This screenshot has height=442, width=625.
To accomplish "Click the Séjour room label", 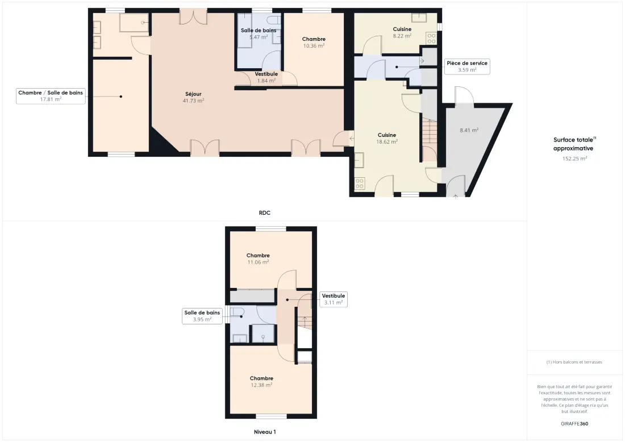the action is tap(193, 94).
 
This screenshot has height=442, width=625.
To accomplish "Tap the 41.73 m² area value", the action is tap(193, 101).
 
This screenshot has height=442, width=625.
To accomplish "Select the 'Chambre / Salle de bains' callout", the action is tap(51, 95).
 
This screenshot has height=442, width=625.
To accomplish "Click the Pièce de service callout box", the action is tap(467, 66).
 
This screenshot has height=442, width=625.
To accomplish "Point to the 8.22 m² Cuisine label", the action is tap(402, 32).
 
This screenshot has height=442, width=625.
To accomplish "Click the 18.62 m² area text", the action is tap(387, 142).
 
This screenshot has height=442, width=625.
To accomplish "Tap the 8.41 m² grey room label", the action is tap(469, 130).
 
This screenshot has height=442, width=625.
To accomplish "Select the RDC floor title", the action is tap(265, 213).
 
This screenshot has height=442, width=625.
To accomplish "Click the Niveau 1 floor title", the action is tap(265, 432).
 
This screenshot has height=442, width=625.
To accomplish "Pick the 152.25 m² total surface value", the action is tap(575, 159).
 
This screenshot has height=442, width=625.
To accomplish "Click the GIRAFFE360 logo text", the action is tap(574, 424).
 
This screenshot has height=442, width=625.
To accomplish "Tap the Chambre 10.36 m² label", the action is tap(314, 42).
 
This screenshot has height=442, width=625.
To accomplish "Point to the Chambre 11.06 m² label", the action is tap(259, 258).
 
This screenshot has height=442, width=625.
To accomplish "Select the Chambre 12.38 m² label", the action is tap(261, 382).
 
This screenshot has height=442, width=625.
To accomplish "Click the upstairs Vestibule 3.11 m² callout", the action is tap(334, 299).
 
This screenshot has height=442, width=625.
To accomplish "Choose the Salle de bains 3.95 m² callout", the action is tap(202, 316).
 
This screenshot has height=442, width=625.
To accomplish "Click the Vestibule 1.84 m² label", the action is tap(266, 77).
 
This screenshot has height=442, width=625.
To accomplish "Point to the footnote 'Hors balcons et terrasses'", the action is tap(574, 362).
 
